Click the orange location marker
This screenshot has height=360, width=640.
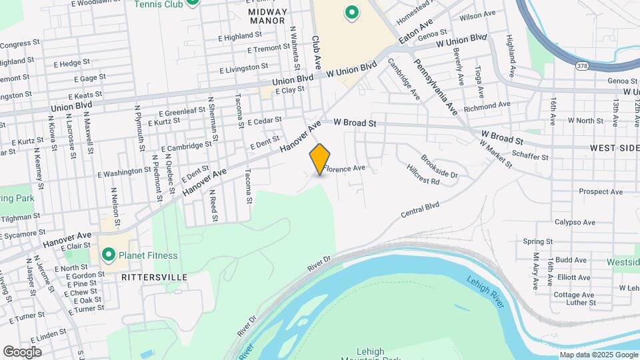(x=320, y=159)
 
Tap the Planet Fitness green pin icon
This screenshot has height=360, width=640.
(x=108, y=255)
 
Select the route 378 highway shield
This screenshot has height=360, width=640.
(x=581, y=65)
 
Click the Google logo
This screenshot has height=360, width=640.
(x=22, y=351)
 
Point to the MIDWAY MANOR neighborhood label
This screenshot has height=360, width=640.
(x=268, y=16)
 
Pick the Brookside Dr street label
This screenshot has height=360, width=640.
(x=439, y=166)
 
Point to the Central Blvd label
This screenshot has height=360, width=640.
(x=420, y=211)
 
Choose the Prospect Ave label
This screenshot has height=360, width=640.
(x=601, y=192)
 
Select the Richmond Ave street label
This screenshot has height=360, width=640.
(x=487, y=105)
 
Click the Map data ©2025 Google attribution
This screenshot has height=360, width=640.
(x=599, y=355)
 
